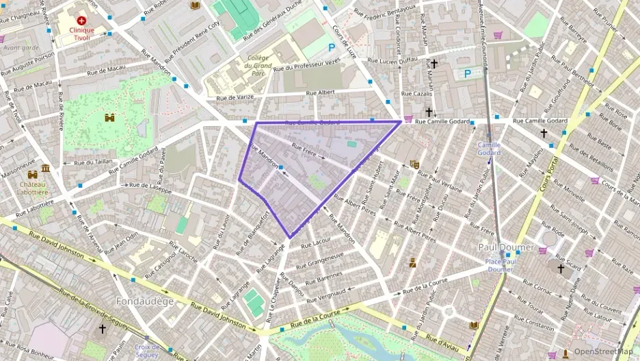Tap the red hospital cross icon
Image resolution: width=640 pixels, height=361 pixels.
tap(82, 21)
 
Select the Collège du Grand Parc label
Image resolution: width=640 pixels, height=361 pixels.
tap(258, 66)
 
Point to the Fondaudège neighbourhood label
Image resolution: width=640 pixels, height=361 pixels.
tap(145, 301)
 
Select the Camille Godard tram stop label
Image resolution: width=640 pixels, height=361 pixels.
tap(489, 149)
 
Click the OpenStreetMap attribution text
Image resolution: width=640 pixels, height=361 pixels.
tap(602, 352)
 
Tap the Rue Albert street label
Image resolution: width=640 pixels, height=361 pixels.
tap(320, 92)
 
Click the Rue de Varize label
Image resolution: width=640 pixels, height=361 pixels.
tap(235, 97)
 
